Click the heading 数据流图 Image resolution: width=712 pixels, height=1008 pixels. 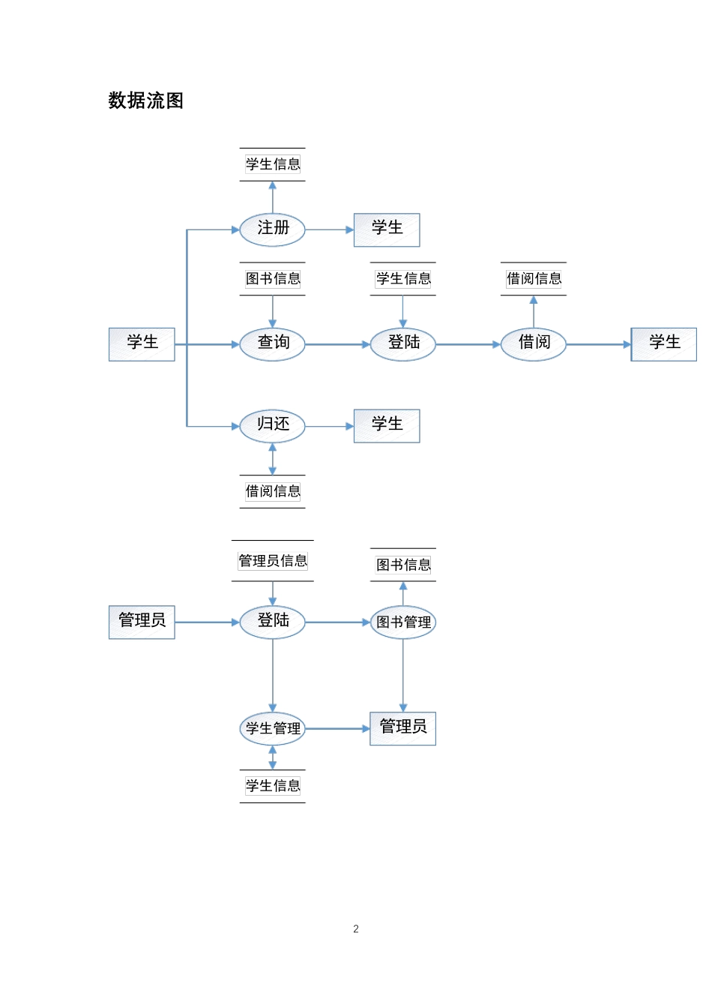(145, 100)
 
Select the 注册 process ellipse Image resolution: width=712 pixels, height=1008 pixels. (272, 229)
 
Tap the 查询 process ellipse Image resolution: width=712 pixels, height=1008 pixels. (272, 343)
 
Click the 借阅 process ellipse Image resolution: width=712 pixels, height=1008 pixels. (533, 343)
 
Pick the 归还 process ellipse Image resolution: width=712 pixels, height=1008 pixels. (272, 425)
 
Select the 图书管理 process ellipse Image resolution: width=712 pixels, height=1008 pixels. (403, 622)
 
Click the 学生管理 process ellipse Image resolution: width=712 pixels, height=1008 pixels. (272, 728)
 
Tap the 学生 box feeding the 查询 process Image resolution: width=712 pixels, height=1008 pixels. (142, 343)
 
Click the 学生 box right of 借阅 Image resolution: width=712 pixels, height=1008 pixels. (663, 343)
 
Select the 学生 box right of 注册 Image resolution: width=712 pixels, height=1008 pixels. (387, 229)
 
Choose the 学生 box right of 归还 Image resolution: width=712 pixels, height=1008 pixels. (387, 425)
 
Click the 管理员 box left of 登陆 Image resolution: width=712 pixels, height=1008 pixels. (142, 622)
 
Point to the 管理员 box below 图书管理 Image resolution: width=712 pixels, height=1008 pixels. (403, 727)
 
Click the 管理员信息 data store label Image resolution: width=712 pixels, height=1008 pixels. (272, 561)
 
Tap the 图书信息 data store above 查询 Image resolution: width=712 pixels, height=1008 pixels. (272, 279)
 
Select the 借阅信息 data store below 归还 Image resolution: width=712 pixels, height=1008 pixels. (272, 491)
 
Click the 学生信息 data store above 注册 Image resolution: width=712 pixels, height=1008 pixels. (272, 164)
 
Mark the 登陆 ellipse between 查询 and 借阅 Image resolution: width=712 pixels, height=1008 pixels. (403, 343)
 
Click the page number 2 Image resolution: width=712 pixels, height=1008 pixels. (356, 928)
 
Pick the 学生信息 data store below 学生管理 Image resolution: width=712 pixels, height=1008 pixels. (272, 786)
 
